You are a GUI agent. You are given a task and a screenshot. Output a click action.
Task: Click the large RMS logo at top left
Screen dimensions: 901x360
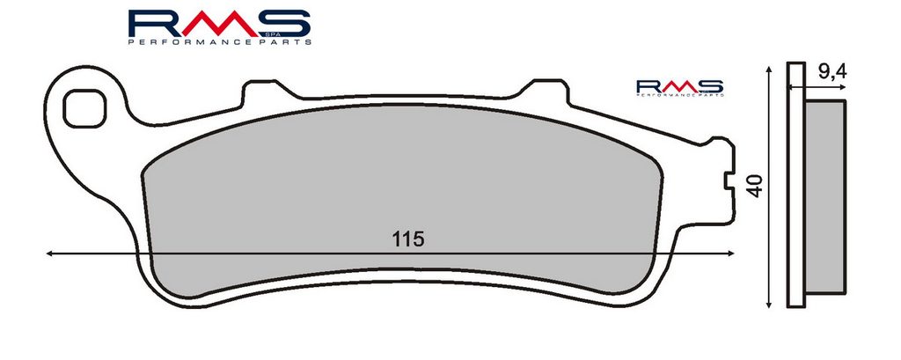(219, 27)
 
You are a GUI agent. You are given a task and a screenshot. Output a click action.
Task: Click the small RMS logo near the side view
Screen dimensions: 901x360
(680, 88)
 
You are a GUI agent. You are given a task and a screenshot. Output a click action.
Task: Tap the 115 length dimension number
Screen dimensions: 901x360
(408, 239)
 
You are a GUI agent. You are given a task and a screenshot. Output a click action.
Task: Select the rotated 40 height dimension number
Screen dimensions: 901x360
(754, 186)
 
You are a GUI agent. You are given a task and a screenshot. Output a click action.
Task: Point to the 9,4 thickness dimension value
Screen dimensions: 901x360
(831, 72)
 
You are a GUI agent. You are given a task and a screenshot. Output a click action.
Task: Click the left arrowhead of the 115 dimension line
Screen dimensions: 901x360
(50, 253)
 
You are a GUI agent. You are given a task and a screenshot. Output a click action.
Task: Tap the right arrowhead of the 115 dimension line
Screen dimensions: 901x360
(729, 253)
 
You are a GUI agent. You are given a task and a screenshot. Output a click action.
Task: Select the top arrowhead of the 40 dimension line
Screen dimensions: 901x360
(768, 70)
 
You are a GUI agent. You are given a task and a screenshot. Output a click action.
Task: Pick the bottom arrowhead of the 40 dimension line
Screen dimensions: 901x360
(768, 301)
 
